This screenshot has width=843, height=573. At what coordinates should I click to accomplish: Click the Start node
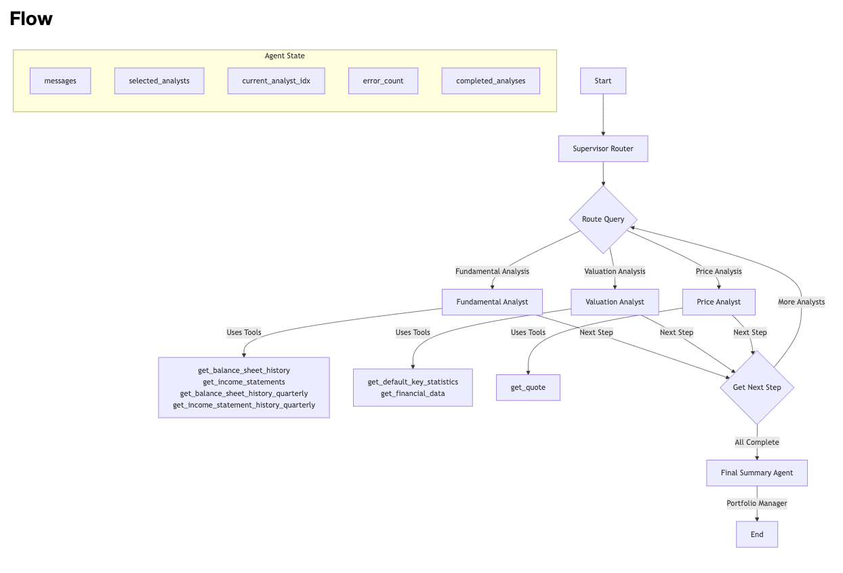(602, 81)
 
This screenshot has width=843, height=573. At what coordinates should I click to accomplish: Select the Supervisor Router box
(602, 149)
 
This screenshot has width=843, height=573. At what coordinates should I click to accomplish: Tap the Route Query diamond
(602, 219)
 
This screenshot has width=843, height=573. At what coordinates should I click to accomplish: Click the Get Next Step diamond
(756, 387)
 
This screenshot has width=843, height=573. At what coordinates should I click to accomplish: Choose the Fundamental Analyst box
(492, 302)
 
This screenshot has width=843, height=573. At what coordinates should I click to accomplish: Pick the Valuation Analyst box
(615, 302)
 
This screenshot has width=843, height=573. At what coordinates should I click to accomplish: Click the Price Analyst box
(718, 302)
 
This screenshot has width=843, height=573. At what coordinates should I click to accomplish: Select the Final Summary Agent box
(756, 473)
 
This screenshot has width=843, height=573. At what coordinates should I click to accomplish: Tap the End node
(756, 534)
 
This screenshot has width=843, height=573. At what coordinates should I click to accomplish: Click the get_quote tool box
(528, 387)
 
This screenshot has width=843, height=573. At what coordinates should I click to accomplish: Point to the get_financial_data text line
(413, 393)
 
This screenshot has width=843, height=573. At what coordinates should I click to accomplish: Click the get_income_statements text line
(244, 382)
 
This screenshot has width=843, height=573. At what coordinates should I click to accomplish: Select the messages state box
(60, 81)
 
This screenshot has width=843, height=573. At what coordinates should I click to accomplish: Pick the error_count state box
(383, 81)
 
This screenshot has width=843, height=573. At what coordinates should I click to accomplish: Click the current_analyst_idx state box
(276, 81)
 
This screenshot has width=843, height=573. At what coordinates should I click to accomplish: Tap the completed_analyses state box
(491, 81)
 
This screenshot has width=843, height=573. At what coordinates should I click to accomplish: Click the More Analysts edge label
(801, 302)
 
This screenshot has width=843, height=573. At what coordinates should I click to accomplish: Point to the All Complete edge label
(756, 442)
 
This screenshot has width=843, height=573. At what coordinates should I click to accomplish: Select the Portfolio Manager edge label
(756, 503)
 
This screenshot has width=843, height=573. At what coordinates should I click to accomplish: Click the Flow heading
(31, 19)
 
